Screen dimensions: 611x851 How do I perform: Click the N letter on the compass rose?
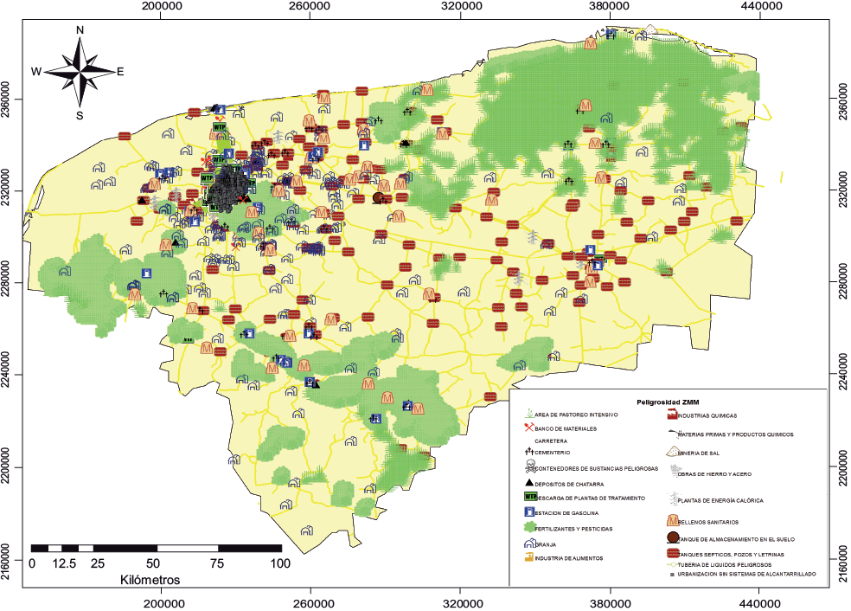click(x=80, y=29)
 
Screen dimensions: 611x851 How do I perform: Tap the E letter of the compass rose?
click(x=120, y=72)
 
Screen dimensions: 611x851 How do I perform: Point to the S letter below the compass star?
click(x=80, y=115)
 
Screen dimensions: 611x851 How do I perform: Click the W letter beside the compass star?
click(x=36, y=72)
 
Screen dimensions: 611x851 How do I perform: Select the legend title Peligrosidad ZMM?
click(x=668, y=402)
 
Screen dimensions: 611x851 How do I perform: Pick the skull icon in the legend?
click(x=529, y=469)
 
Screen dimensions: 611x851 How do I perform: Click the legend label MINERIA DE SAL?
click(x=701, y=453)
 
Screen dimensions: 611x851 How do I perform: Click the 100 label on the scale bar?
click(x=282, y=563)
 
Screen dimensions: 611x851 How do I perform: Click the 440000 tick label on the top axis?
click(x=760, y=7)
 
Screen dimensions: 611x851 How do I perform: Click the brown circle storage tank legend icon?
click(x=672, y=538)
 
